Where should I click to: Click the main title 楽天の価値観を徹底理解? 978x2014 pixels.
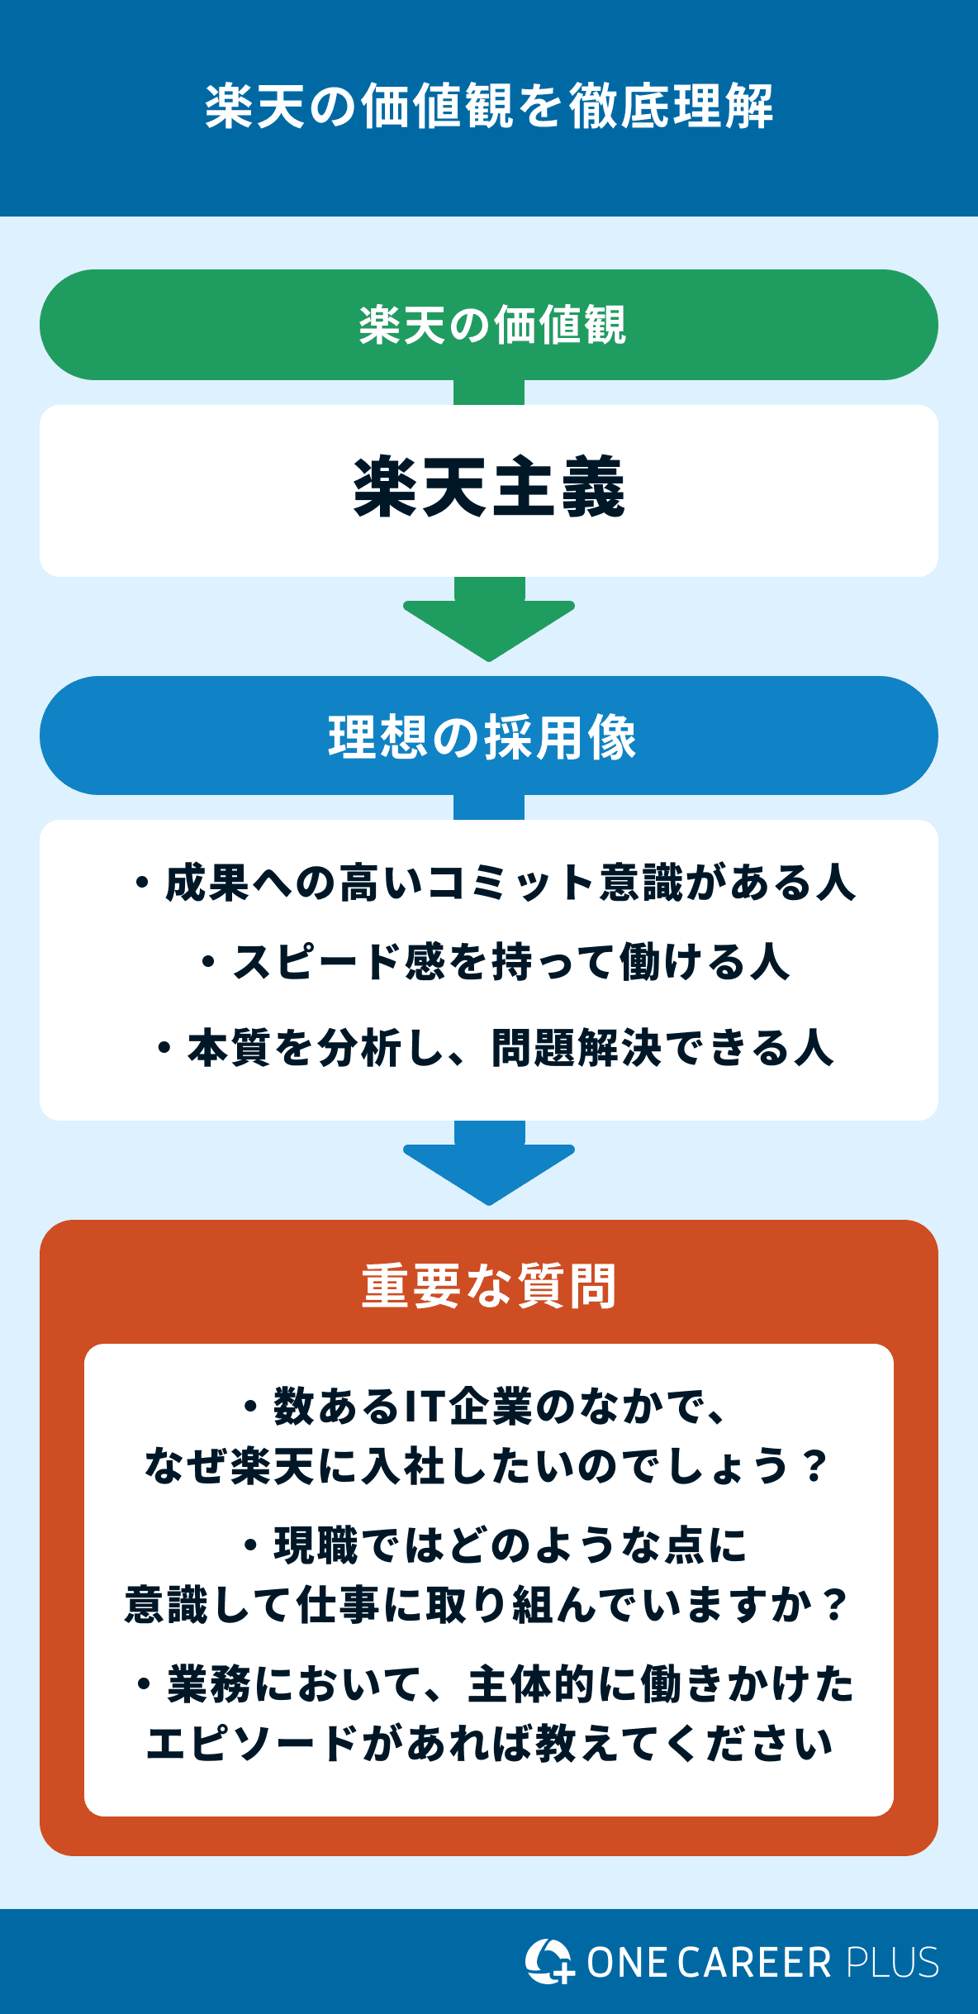click(489, 107)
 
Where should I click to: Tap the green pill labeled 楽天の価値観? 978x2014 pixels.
click(489, 325)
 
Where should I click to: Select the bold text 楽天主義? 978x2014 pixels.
click(489, 488)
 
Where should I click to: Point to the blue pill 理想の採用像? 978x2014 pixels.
click(489, 736)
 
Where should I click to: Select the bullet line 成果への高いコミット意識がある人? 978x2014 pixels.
click(496, 883)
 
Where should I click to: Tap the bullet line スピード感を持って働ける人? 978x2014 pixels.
click(496, 962)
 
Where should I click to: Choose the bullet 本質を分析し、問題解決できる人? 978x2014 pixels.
click(496, 1048)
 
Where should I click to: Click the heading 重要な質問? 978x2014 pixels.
click(489, 1286)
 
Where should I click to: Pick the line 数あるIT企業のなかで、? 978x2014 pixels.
click(487, 1407)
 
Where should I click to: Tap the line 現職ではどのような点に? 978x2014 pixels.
click(496, 1545)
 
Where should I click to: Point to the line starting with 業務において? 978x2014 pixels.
click(496, 1684)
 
